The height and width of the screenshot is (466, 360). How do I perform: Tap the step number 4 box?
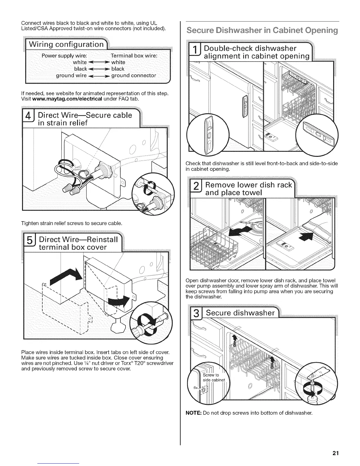[x=29, y=118]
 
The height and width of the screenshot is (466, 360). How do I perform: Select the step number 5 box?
[x=30, y=243]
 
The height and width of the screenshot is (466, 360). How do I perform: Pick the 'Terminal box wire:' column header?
[x=134, y=56]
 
